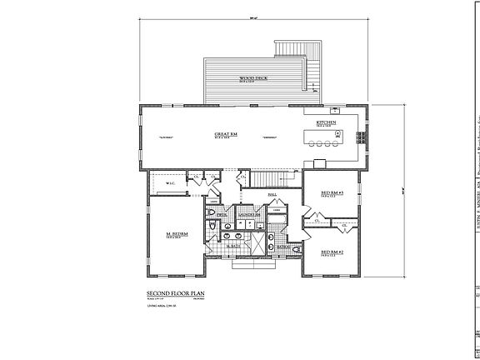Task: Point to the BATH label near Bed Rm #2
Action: point(283,247)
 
